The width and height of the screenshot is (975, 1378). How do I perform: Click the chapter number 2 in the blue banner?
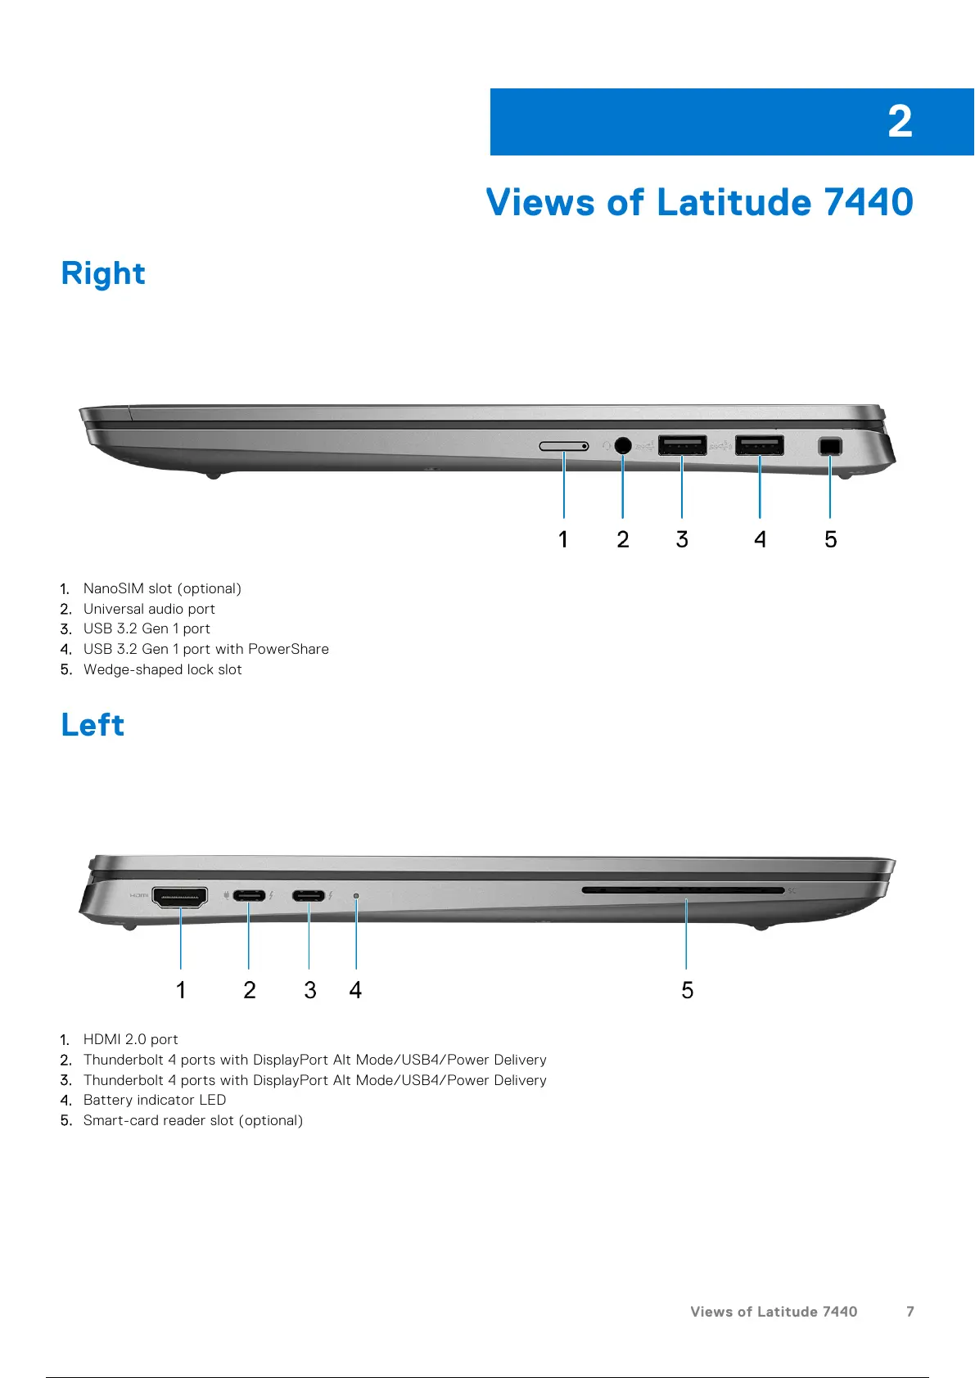[x=900, y=122]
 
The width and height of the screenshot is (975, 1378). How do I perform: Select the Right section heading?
[x=103, y=273]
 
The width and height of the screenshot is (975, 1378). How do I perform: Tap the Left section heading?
[x=93, y=725]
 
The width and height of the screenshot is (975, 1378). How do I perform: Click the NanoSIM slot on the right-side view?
[x=563, y=446]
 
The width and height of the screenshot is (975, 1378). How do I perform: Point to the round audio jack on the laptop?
[x=622, y=445]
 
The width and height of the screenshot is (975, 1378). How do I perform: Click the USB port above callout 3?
[x=682, y=445]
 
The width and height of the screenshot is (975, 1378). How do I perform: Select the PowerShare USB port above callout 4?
[x=759, y=445]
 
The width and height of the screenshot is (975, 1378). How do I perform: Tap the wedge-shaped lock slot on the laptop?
[x=829, y=446]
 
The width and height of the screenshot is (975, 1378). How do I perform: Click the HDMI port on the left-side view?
[x=180, y=897]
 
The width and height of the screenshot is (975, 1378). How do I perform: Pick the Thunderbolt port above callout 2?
[x=249, y=895]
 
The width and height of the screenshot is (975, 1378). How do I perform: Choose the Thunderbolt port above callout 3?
[x=309, y=895]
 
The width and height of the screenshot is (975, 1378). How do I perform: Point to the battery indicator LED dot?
[x=356, y=896]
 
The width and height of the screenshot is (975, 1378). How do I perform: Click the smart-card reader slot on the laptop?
[x=684, y=889]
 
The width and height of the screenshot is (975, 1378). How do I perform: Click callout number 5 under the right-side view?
[x=830, y=539]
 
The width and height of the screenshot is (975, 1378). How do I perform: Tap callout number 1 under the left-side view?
[x=181, y=990]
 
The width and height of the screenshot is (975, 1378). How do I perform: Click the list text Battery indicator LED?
[x=155, y=1100]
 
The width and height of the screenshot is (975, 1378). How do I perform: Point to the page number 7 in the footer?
[x=910, y=1312]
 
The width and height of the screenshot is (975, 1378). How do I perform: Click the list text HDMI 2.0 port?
[x=131, y=1039]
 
